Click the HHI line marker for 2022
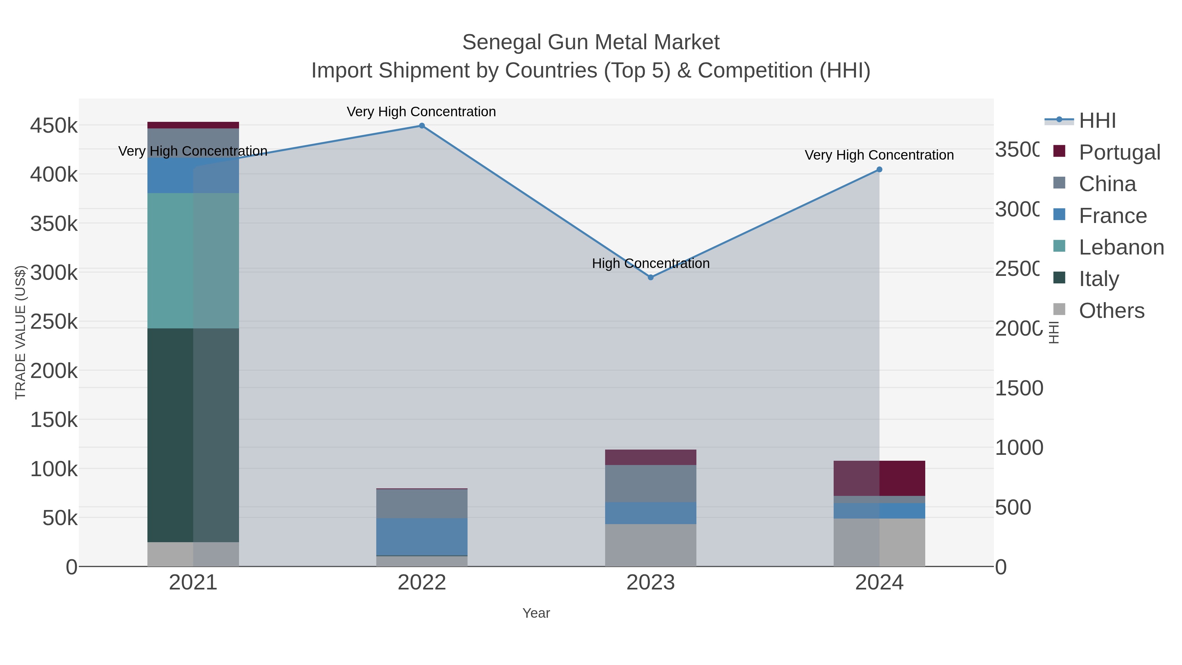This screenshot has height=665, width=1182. tap(422, 126)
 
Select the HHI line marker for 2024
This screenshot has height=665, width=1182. tap(879, 170)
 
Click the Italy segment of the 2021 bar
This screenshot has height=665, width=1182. tap(193, 435)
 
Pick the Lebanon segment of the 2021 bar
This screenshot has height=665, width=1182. tap(193, 261)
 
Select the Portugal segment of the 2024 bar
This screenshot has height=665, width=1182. tap(879, 478)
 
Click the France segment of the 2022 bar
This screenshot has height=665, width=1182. tap(422, 537)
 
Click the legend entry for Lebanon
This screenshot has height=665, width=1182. tap(1121, 247)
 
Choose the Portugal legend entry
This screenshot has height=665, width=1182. tap(1119, 152)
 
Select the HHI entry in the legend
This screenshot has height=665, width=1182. tap(1097, 121)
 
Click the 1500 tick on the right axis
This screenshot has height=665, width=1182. tap(1018, 388)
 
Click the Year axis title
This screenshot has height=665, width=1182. tap(536, 613)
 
